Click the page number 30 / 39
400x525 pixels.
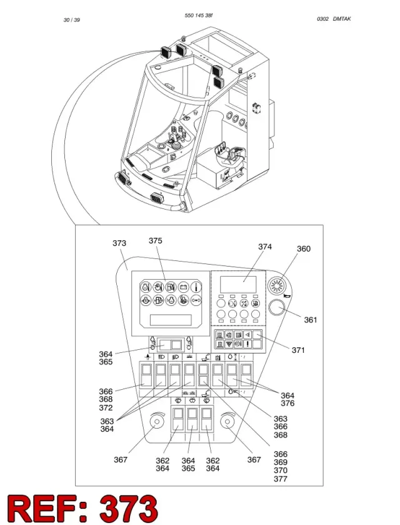coord(72,20)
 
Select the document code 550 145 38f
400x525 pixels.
coord(199,16)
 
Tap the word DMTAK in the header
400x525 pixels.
coord(342,19)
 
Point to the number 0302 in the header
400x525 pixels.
coord(322,19)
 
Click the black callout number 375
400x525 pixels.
coord(156,240)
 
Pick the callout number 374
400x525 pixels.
coord(265,247)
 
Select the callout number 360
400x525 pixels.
coord(304,248)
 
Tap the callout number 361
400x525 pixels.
coord(311,320)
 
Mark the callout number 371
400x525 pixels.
coord(298,350)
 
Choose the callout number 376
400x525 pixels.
coord(287,403)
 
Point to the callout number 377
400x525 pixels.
coord(281,479)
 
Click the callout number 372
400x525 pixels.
coord(106,407)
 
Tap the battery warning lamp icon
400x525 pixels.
coord(183,287)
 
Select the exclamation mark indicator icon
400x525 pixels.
coord(248,344)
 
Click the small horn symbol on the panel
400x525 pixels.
coord(287,295)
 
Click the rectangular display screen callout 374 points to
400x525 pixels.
coord(238,284)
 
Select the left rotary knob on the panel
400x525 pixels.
coord(156,421)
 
